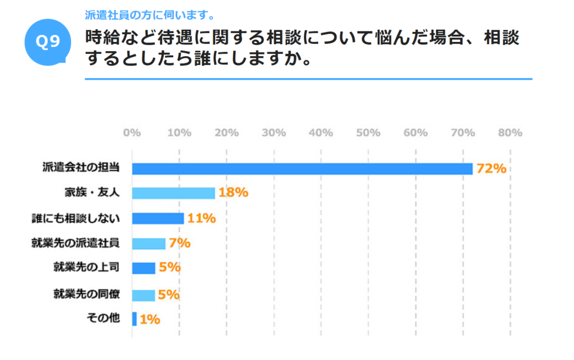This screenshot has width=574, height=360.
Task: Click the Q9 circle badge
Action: tap(48, 43)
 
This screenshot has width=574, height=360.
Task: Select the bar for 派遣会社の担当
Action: tap(302, 169)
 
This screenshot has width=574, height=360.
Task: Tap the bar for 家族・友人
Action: tap(173, 193)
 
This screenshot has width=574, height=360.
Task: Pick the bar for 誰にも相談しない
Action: tap(158, 218)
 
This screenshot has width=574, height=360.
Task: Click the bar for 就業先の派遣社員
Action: tap(149, 243)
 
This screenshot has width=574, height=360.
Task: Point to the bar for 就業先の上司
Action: tap(143, 268)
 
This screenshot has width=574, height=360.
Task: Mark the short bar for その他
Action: tap(135, 319)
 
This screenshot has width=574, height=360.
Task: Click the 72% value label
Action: tap(492, 169)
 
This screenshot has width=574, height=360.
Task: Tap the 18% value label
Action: tap(233, 193)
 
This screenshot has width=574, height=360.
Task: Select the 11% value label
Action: tap(201, 218)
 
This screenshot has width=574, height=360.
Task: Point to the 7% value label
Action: tap(179, 243)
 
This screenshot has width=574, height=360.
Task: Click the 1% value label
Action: tap(150, 320)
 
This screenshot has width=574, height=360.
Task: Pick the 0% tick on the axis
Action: tap(132, 133)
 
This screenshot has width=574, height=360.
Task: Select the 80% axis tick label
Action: tap(510, 133)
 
